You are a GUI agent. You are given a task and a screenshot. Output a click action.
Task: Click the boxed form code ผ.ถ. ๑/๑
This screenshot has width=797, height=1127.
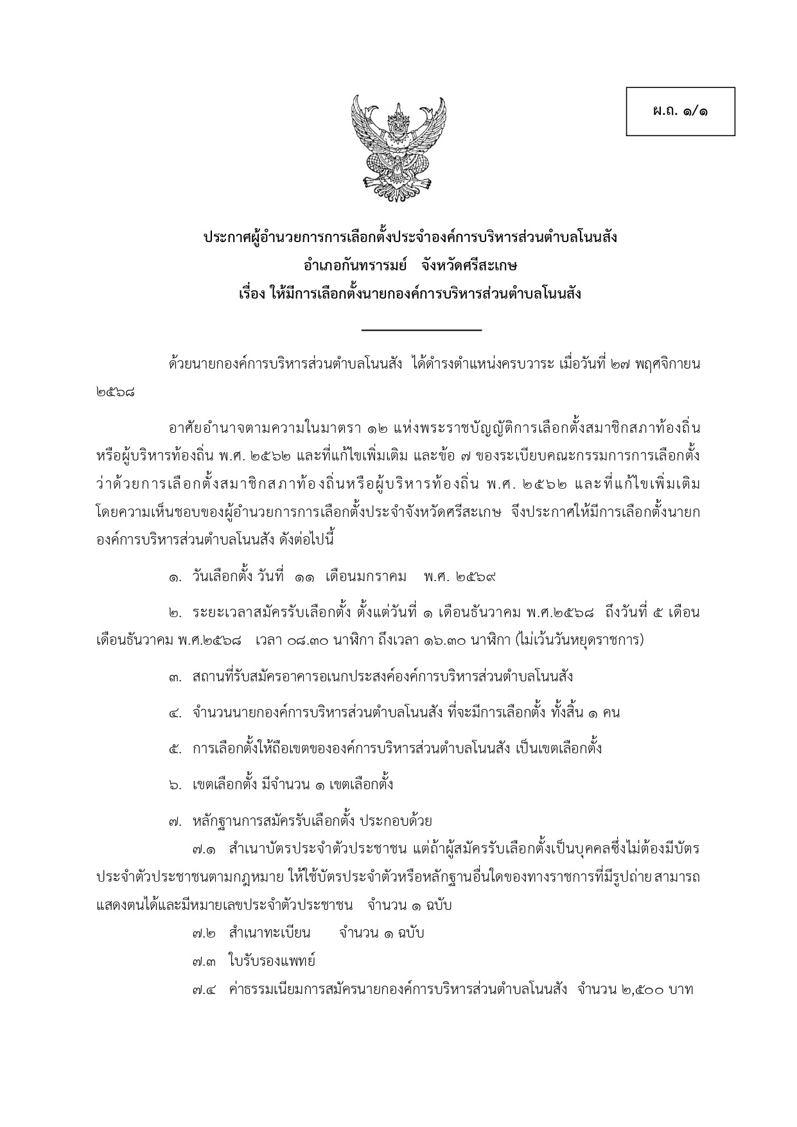pos(680,111)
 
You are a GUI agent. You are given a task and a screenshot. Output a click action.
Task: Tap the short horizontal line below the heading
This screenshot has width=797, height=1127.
pos(421,330)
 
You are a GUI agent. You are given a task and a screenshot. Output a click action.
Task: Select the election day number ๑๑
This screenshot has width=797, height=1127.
pos(305,576)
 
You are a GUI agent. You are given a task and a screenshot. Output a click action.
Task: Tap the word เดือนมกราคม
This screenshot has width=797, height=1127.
pos(366,576)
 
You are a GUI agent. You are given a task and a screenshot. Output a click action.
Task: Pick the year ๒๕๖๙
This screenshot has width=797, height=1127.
pos(476,576)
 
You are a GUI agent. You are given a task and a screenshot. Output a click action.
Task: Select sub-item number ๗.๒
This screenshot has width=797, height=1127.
pos(204,932)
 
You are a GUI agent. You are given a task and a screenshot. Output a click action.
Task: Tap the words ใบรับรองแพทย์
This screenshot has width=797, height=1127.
pos(270,961)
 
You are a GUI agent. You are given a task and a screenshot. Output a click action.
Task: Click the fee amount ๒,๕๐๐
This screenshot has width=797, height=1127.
pos(642,990)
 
